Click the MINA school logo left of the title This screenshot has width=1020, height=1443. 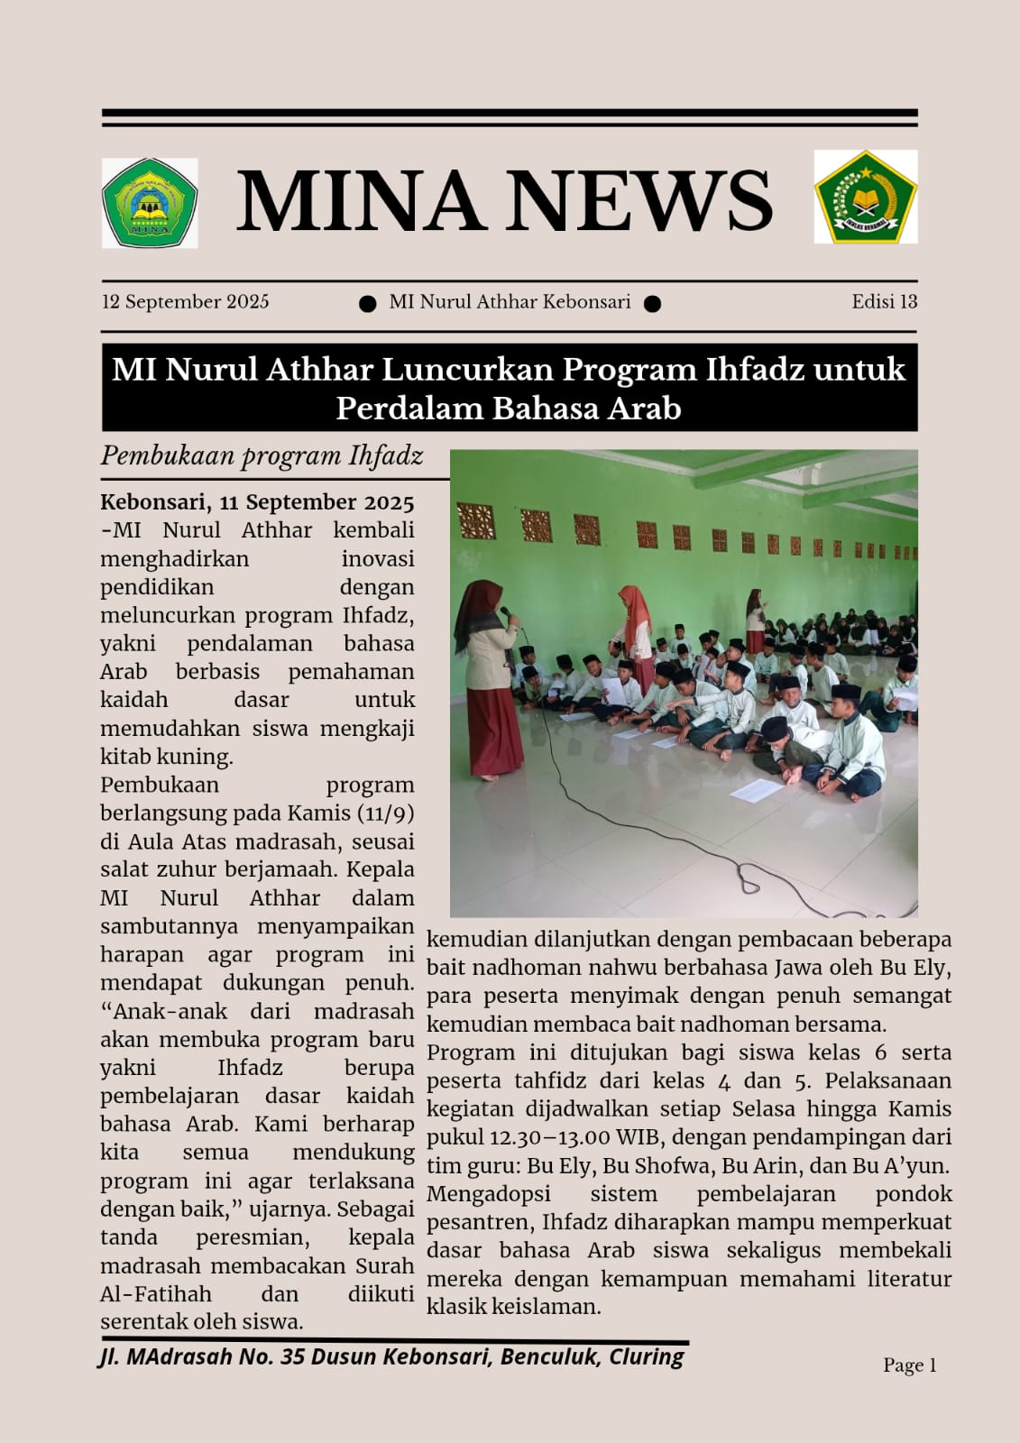pos(149,203)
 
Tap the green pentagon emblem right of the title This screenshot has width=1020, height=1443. pos(865,197)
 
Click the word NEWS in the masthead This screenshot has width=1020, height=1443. pos(642,200)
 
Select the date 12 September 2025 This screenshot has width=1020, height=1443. pos(185,302)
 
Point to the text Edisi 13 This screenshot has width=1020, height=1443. pos(884,302)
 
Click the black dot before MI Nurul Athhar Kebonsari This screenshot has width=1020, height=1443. pos(367,304)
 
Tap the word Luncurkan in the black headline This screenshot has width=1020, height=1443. pos(483,370)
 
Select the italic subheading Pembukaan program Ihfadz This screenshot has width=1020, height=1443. pos(262,455)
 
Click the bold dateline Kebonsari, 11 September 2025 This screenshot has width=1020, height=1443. pos(257,502)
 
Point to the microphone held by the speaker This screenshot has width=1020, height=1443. pos(507,614)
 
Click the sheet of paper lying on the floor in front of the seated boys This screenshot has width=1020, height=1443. pos(756,790)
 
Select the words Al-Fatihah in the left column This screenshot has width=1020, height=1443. pos(156,1294)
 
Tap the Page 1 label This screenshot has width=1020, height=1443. pos(909,1365)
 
